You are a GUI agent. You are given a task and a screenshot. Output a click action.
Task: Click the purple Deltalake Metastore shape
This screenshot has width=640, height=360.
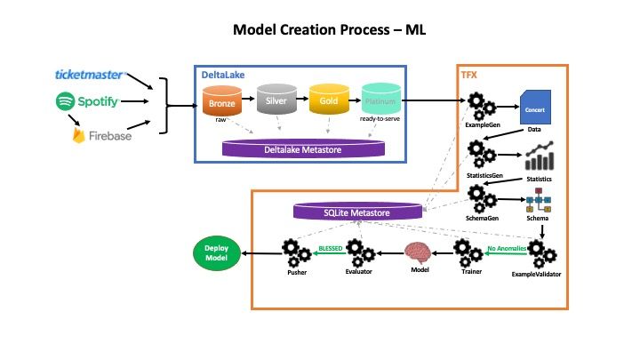pos(303,148)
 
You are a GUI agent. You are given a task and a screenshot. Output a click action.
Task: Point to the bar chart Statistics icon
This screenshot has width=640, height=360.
pos(539,157)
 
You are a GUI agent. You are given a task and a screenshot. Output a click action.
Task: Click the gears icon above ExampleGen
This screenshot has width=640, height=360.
pos(482,108)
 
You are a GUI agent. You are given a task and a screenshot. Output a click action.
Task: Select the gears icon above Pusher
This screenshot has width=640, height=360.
pos(297,252)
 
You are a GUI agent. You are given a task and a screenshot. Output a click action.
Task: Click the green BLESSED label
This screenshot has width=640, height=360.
pos(331,249)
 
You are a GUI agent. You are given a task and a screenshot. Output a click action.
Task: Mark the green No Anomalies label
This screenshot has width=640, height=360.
pos(505,249)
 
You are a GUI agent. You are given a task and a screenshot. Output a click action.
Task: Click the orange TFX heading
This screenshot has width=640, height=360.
pos(468,76)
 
